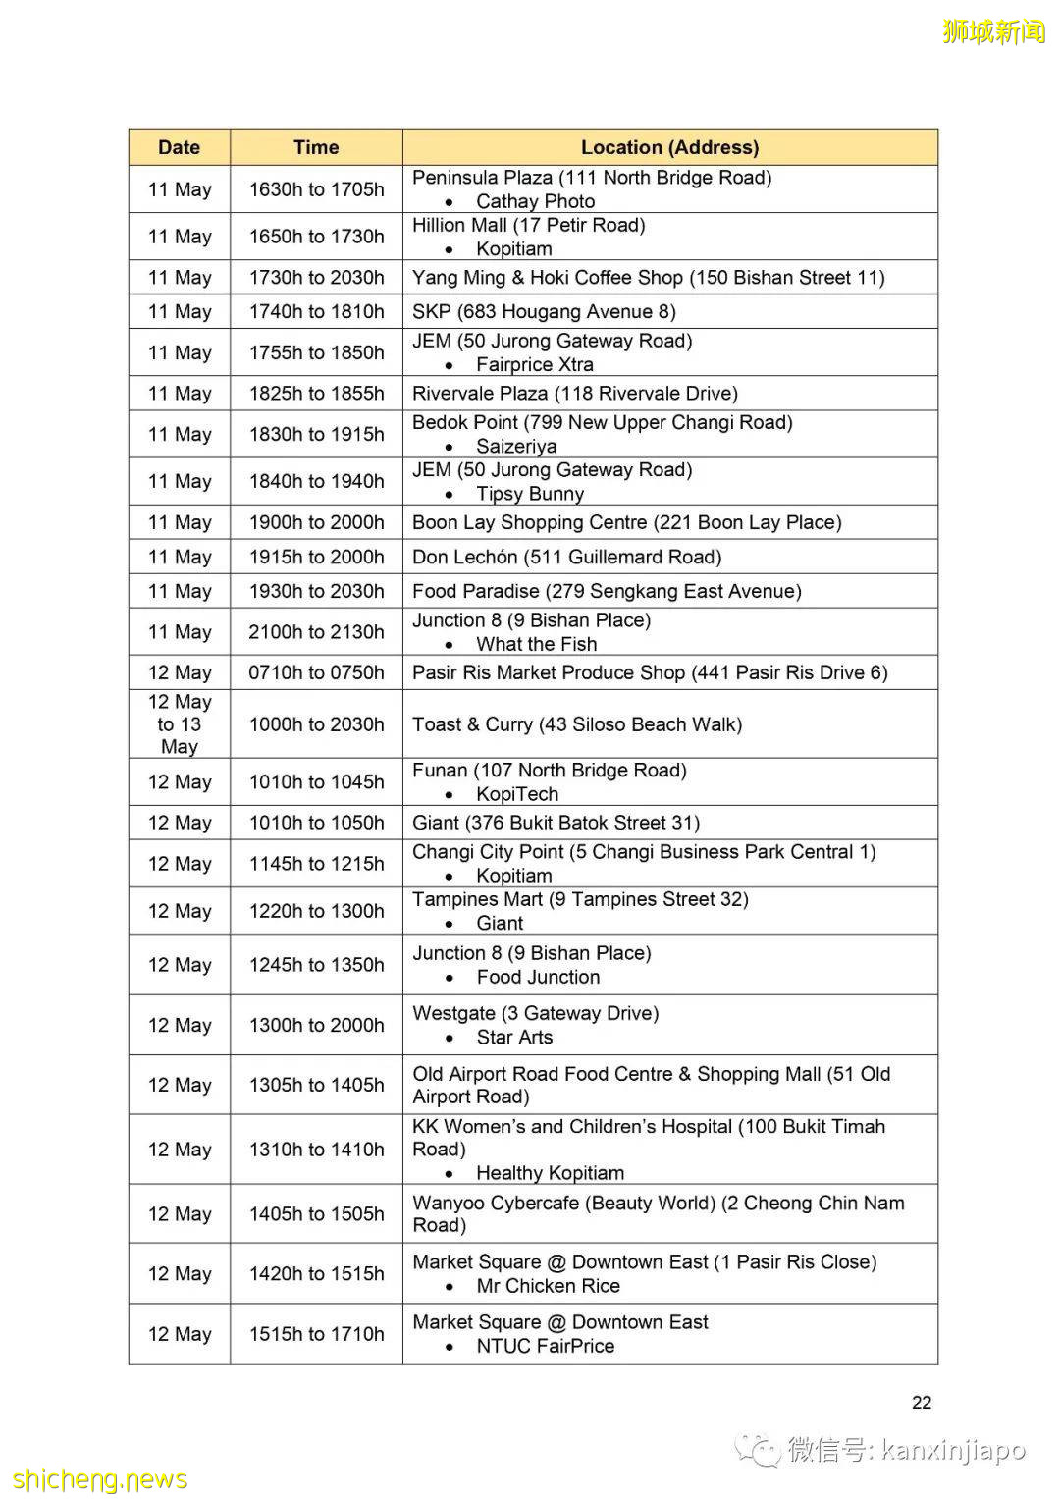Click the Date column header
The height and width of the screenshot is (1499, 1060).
(x=179, y=147)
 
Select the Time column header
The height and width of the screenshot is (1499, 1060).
(x=316, y=147)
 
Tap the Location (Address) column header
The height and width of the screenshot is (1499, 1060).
(x=669, y=147)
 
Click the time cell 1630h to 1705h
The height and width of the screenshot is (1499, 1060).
(x=316, y=189)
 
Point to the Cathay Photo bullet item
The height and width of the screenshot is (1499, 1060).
(x=535, y=201)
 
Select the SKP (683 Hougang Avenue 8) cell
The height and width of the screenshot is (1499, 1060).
(x=544, y=311)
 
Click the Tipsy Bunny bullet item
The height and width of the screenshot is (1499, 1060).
(x=530, y=494)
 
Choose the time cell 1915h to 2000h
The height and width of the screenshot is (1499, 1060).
(x=316, y=557)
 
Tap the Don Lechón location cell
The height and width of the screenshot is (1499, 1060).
(x=566, y=557)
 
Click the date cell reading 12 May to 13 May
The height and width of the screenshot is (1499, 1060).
(x=179, y=724)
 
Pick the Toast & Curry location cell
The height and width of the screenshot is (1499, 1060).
(x=577, y=724)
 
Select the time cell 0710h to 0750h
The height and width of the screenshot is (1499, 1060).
(x=316, y=672)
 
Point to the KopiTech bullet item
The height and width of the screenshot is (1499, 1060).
(x=517, y=794)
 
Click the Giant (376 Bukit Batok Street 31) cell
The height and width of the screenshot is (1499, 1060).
(x=556, y=823)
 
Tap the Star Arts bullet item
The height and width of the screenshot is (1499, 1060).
(x=514, y=1037)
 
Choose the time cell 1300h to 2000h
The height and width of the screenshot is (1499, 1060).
(x=316, y=1025)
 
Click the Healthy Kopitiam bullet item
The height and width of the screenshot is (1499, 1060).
(x=550, y=1173)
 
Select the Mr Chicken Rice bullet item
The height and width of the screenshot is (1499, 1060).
(x=548, y=1286)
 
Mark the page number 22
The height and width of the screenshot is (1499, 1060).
(x=922, y=1402)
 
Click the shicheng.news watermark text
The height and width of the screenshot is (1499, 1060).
(x=100, y=1479)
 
